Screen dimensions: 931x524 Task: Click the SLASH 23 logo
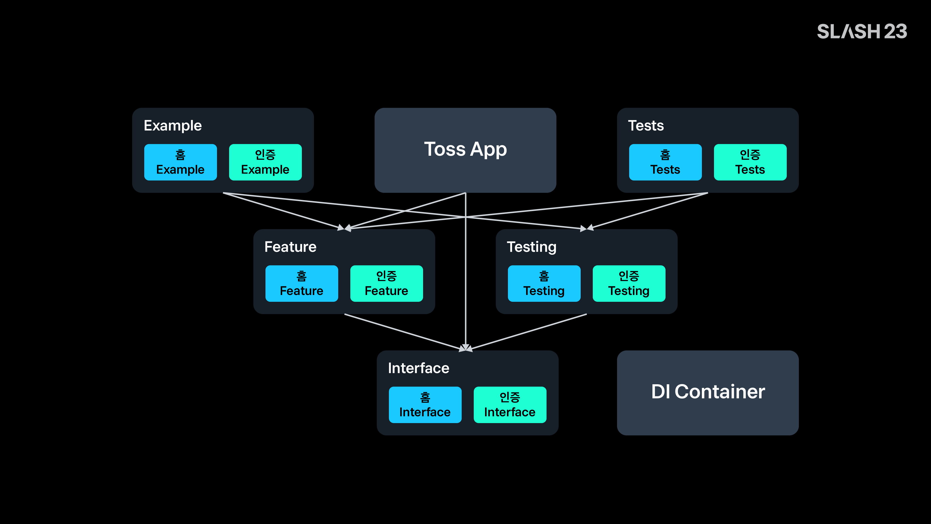click(x=862, y=32)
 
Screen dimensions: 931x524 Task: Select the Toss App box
click(x=465, y=150)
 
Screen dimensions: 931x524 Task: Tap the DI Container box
click(x=708, y=393)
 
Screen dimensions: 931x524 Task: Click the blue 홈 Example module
click(x=180, y=162)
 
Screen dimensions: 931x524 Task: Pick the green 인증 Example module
click(x=265, y=162)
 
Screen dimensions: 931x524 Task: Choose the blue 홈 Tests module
click(x=665, y=162)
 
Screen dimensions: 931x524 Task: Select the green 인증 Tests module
click(x=750, y=162)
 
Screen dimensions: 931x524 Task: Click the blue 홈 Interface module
click(x=425, y=405)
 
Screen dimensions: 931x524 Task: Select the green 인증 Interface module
click(x=510, y=405)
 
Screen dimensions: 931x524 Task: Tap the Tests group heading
click(x=646, y=125)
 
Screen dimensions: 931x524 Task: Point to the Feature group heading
click(x=290, y=247)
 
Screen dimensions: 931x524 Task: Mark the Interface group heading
click(x=418, y=368)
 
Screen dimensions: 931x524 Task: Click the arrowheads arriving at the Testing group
click(x=586, y=228)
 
